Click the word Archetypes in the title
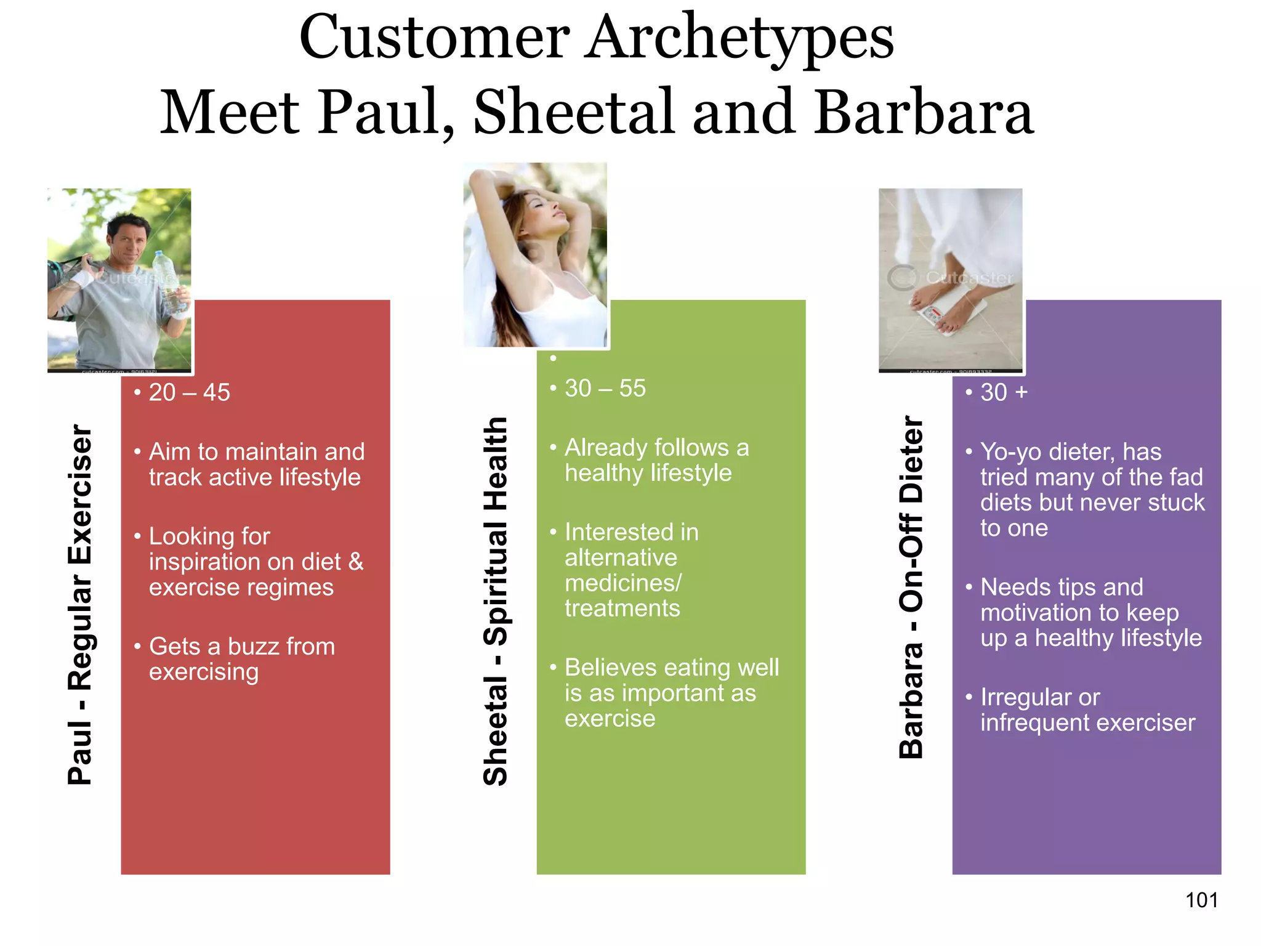pyautogui.click(x=739, y=38)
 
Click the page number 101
pyautogui.click(x=1201, y=900)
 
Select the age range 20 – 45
pyautogui.click(x=189, y=392)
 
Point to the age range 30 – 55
pyautogui.click(x=605, y=389)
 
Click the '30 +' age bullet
pyautogui.click(x=1004, y=392)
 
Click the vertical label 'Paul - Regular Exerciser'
pyautogui.click(x=80, y=604)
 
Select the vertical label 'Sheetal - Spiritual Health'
pyautogui.click(x=496, y=600)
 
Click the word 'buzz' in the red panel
pyautogui.click(x=252, y=647)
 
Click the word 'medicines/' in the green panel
pyautogui.click(x=623, y=583)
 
